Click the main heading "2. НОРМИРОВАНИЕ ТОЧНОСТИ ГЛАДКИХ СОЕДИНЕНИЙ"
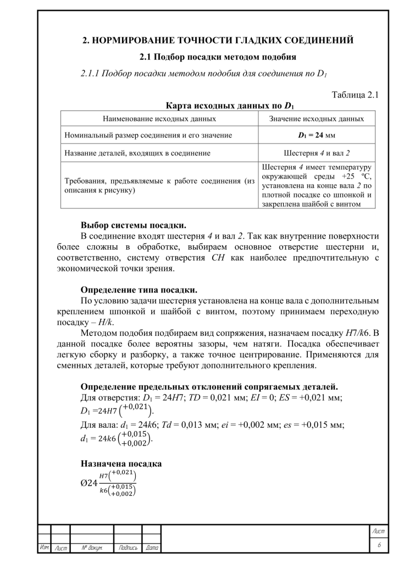click(218, 40)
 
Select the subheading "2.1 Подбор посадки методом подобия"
click(218, 57)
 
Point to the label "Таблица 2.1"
click(356, 95)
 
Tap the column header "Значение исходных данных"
click(316, 118)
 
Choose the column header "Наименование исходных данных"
click(159, 118)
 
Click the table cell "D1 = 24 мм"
click(316, 135)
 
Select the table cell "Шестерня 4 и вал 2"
click(316, 153)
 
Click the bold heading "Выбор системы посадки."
click(134, 225)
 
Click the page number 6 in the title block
click(379, 545)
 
